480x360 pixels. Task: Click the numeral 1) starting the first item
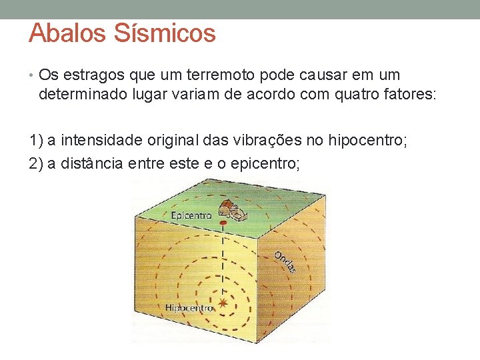pyautogui.click(x=37, y=141)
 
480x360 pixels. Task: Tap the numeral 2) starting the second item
pyautogui.click(x=37, y=163)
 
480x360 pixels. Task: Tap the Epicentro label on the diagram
pyautogui.click(x=191, y=215)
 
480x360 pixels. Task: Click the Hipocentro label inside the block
pyautogui.click(x=189, y=308)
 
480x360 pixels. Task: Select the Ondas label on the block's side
pyautogui.click(x=285, y=262)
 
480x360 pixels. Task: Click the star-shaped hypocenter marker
pyautogui.click(x=223, y=304)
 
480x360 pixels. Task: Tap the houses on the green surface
pyautogui.click(x=232, y=209)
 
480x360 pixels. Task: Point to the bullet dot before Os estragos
pyautogui.click(x=33, y=75)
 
